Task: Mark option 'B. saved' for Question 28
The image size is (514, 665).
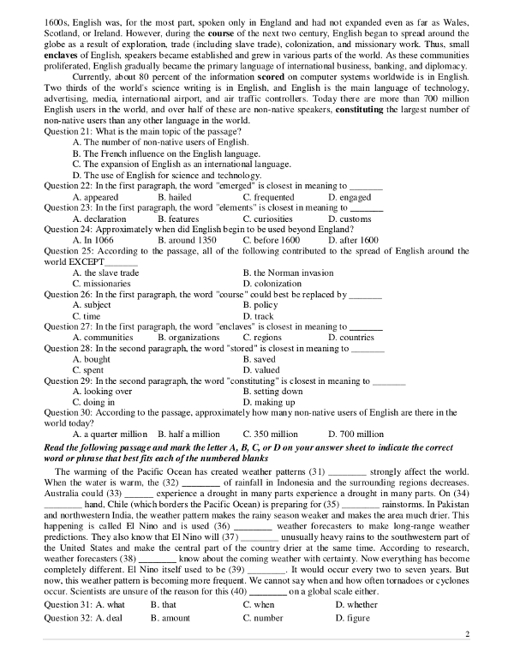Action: (x=261, y=360)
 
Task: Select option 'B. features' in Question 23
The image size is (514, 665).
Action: (x=178, y=219)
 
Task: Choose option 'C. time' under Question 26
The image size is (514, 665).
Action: (x=87, y=316)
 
